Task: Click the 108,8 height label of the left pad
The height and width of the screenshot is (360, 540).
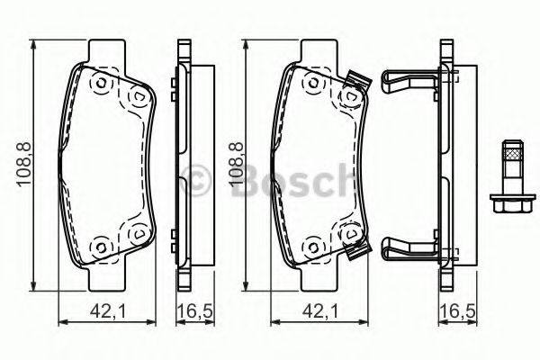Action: pyautogui.click(x=24, y=165)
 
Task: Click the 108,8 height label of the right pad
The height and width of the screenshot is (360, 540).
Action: pyautogui.click(x=237, y=165)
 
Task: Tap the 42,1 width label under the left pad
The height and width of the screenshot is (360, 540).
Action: pyautogui.click(x=108, y=311)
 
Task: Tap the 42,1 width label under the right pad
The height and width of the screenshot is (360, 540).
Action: pyautogui.click(x=320, y=311)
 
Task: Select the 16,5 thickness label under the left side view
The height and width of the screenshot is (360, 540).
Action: pyautogui.click(x=194, y=311)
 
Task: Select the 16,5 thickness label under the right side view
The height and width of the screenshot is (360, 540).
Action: pyautogui.click(x=458, y=311)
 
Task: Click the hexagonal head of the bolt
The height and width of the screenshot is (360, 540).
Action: pyautogui.click(x=513, y=203)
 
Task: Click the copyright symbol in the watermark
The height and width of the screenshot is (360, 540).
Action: pyautogui.click(x=195, y=180)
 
